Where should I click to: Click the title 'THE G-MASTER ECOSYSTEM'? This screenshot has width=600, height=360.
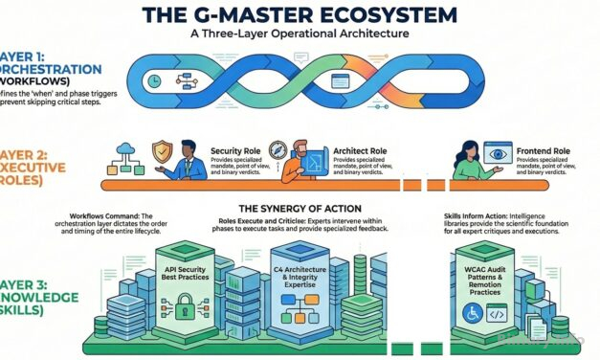300,15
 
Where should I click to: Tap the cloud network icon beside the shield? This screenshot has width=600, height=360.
125,150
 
